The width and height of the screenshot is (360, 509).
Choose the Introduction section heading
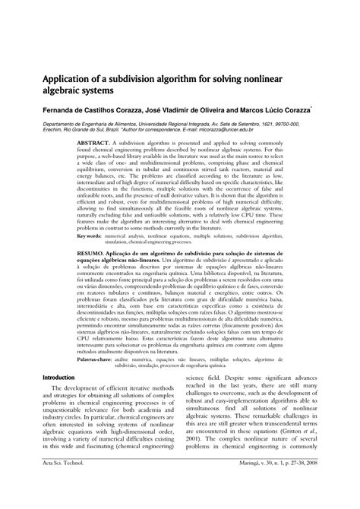tap(58, 398)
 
